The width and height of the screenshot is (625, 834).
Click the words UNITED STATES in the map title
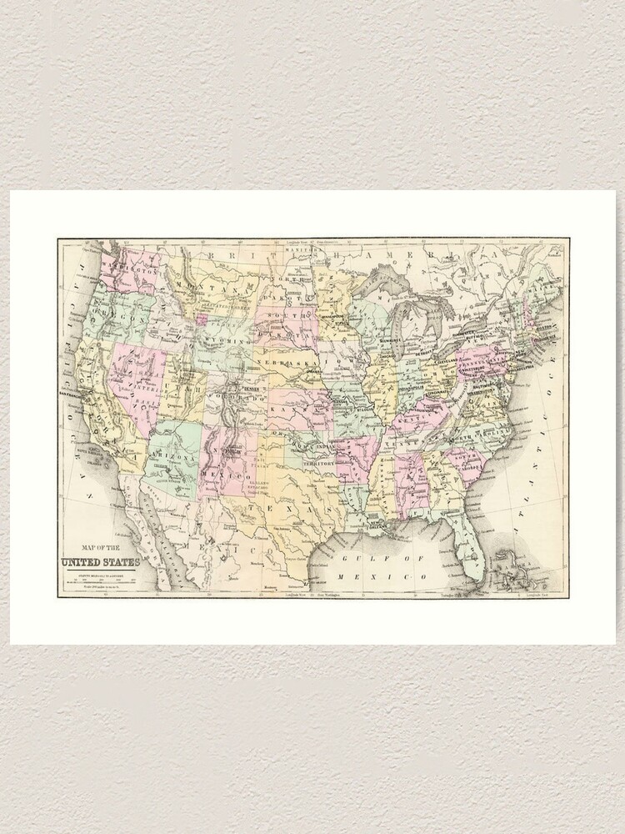[100, 561]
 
